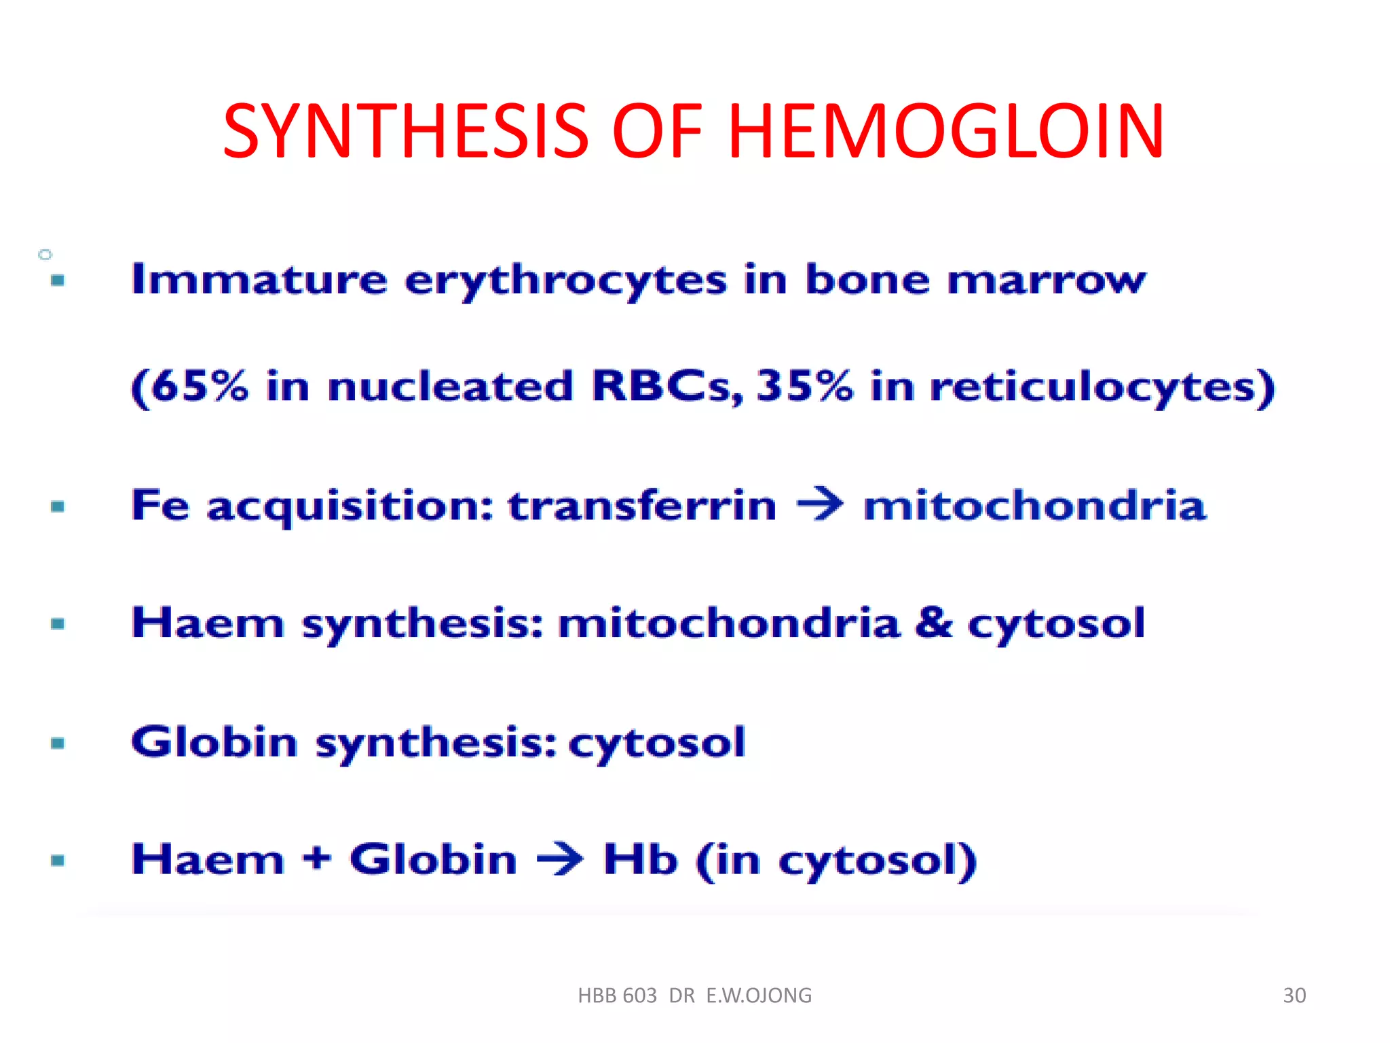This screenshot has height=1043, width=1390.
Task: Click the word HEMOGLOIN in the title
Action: [x=945, y=131]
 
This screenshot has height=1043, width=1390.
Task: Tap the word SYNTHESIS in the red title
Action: [x=405, y=131]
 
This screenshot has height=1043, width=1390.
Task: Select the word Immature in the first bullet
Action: [x=259, y=280]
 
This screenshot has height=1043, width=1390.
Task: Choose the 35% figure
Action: [x=804, y=386]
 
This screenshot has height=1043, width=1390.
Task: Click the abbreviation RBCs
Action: [x=666, y=386]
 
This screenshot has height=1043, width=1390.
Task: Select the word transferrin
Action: [x=642, y=506]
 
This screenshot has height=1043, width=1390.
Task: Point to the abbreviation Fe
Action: [x=160, y=505]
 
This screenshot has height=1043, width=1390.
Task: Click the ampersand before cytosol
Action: [x=933, y=623]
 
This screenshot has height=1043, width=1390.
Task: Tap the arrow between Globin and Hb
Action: [x=560, y=860]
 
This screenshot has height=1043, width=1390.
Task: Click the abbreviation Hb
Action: [x=640, y=859]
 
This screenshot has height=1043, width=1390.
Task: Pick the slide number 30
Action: [x=1294, y=995]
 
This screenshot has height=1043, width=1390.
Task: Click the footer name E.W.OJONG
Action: [x=759, y=995]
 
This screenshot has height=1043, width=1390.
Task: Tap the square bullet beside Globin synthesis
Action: [x=58, y=743]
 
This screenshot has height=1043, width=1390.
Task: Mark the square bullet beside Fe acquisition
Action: [x=58, y=506]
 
